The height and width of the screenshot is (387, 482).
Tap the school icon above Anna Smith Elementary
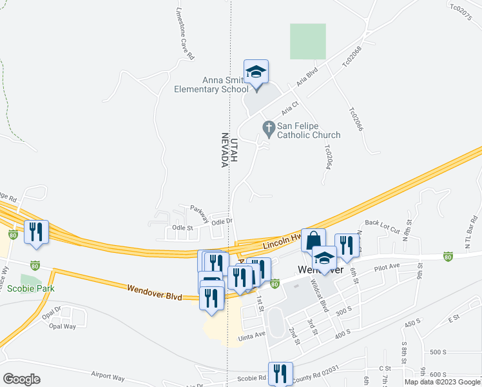[256, 72]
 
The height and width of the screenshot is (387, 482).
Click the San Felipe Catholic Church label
[309, 130]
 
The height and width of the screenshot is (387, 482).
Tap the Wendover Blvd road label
[154, 293]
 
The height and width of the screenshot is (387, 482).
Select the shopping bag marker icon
[313, 241]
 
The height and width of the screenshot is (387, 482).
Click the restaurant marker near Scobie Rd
[280, 373]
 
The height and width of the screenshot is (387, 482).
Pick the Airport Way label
[108, 375]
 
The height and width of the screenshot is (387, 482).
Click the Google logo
[21, 379]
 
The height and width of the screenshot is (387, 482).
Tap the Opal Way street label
[63, 326]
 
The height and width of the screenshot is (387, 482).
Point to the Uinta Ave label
[251, 335]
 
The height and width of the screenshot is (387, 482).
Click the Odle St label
[183, 228]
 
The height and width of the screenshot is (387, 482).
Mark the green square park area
[307, 41]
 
